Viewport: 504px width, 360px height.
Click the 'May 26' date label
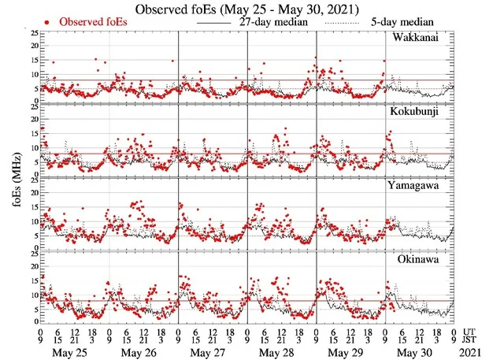(x=138, y=352)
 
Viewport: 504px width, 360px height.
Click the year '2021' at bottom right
(x=479, y=352)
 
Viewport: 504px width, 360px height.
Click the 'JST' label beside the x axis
(x=474, y=342)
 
